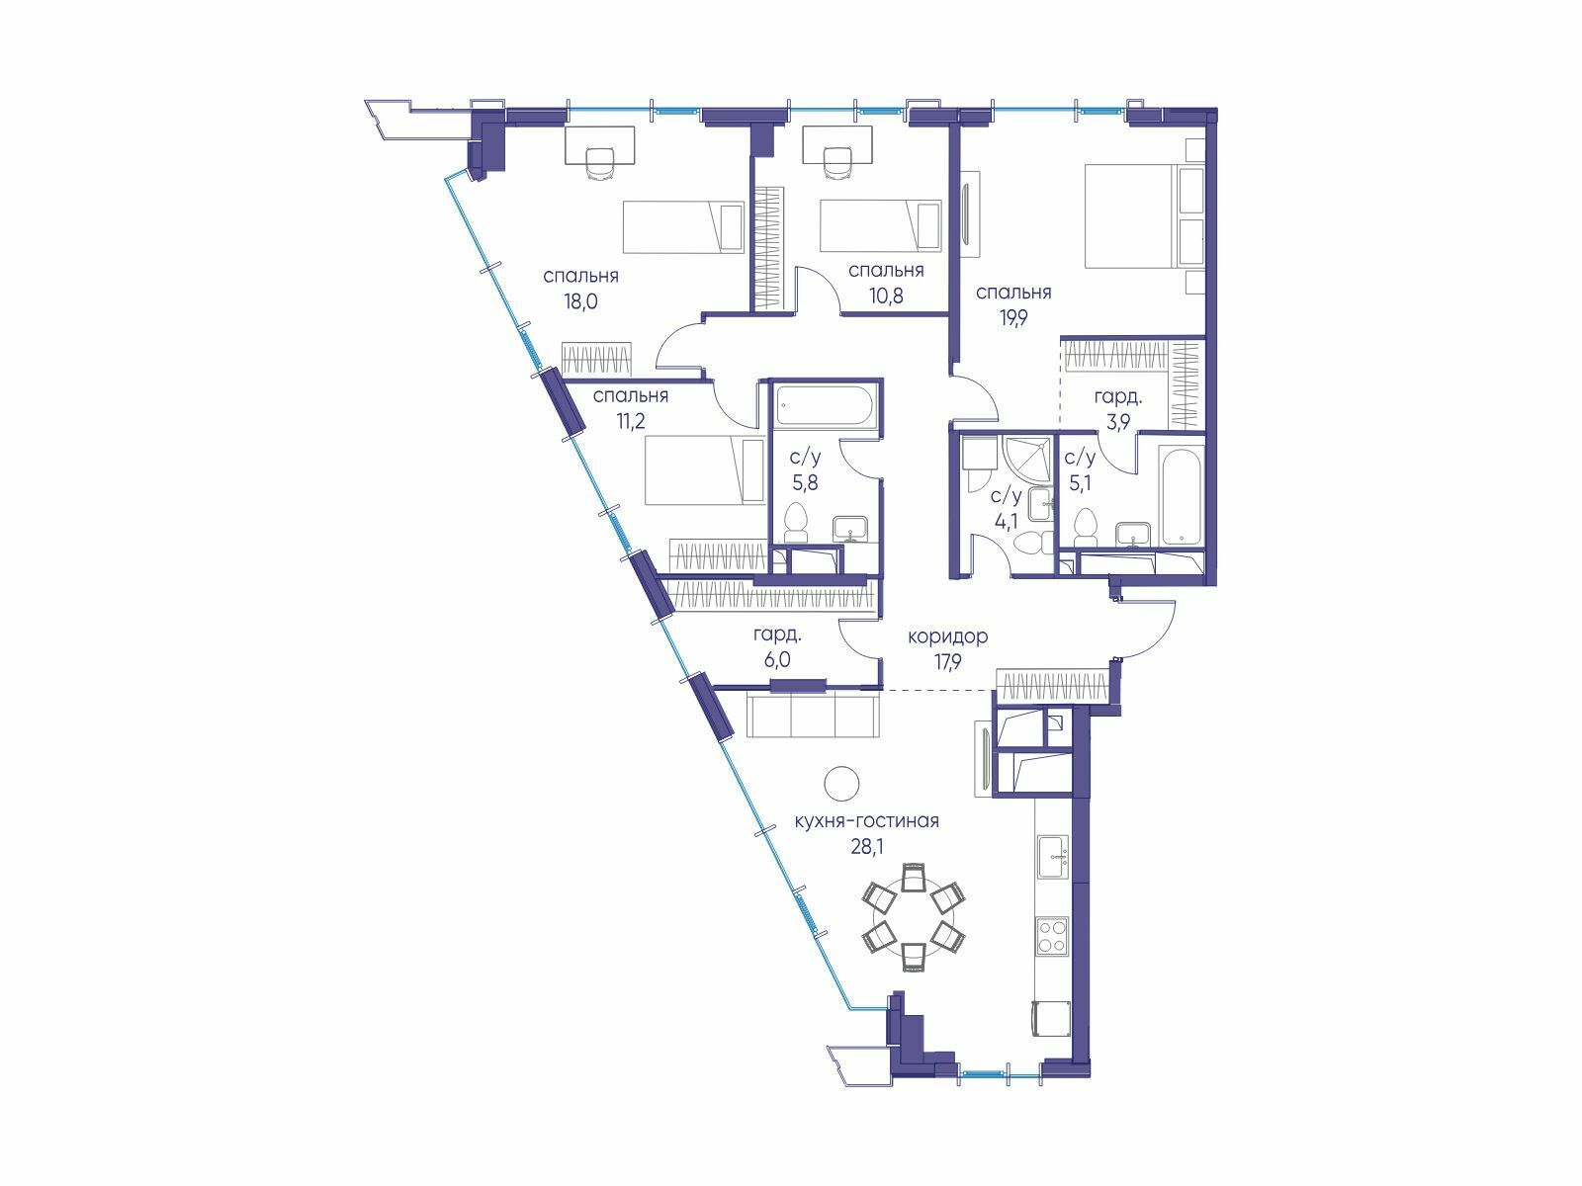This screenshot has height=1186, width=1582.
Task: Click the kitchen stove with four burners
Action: (x=1052, y=935)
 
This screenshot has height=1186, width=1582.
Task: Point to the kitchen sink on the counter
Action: (x=1053, y=857)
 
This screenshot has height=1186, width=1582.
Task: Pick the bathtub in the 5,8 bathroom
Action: (x=826, y=407)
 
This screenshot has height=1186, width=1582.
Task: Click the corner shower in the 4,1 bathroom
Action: (x=1022, y=459)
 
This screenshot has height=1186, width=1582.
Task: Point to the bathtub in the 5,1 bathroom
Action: (x=1182, y=494)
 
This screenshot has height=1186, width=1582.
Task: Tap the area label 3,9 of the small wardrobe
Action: (x=1118, y=422)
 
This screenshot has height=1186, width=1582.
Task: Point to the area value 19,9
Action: (x=1012, y=318)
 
